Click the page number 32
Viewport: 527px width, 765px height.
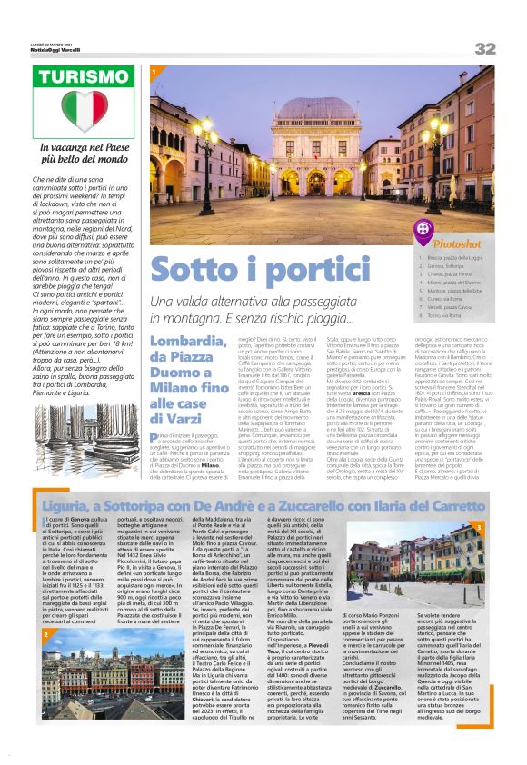click(483, 47)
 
